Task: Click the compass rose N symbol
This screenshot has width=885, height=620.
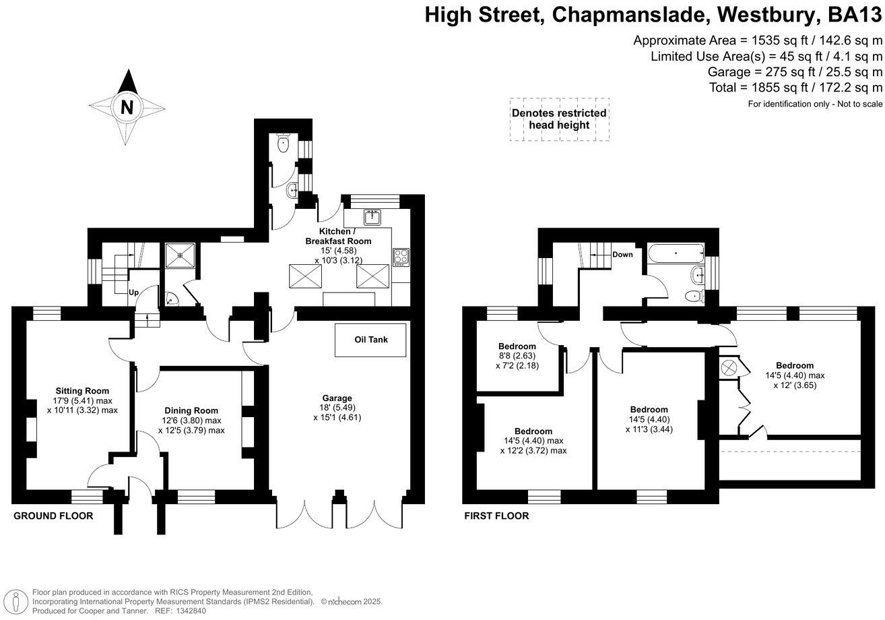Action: click(x=127, y=106)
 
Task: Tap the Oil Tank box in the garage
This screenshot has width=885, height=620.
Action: click(x=370, y=340)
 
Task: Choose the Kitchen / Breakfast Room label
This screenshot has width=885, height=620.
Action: click(x=338, y=236)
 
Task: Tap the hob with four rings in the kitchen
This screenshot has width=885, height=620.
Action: click(x=401, y=256)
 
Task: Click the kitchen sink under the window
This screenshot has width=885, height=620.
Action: click(x=372, y=217)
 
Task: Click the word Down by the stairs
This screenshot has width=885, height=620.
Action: click(x=623, y=255)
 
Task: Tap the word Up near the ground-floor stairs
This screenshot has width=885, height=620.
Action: click(x=134, y=293)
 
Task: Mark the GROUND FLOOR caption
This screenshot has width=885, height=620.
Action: click(x=53, y=516)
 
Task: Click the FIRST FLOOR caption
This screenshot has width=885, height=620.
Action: click(x=496, y=516)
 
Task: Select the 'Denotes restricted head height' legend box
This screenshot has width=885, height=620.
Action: click(x=559, y=119)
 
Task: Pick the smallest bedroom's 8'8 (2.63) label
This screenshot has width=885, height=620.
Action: click(x=518, y=356)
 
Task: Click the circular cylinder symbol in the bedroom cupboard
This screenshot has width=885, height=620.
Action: click(x=729, y=368)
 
